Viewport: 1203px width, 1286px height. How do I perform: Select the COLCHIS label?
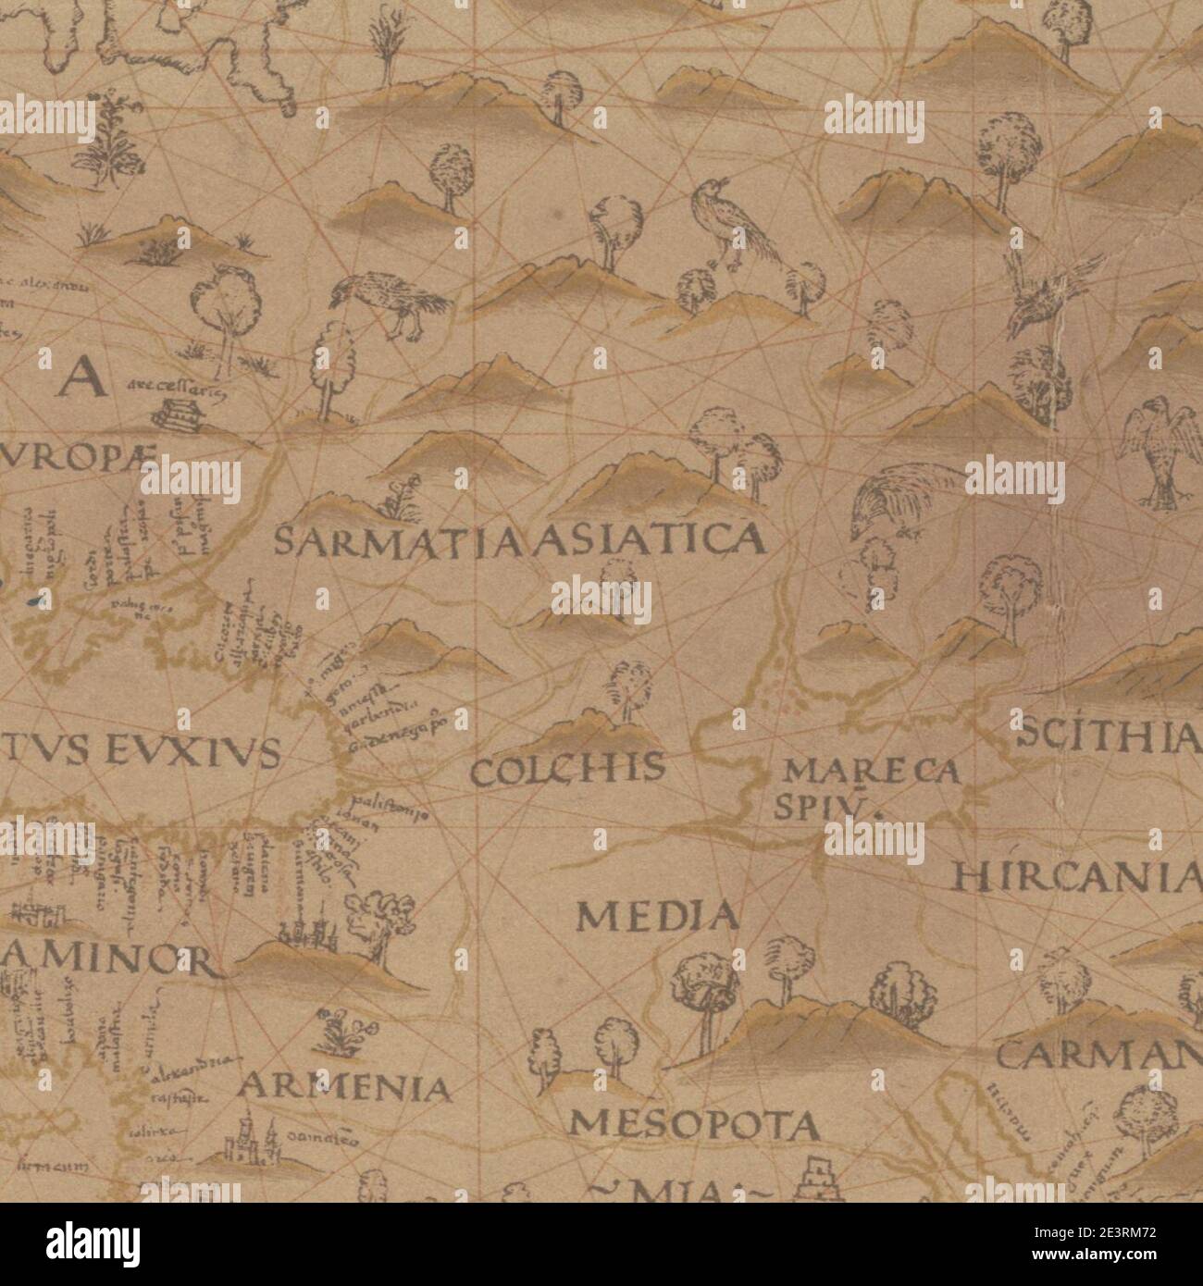point(567,769)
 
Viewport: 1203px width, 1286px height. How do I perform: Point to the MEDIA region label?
point(658,916)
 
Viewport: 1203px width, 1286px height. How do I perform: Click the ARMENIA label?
point(345,1087)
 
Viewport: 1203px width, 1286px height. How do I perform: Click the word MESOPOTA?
point(694,1124)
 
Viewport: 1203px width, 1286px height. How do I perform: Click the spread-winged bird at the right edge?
point(1154,450)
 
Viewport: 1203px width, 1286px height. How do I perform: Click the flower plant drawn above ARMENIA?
point(340,1032)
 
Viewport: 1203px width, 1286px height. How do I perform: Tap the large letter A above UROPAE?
point(78,377)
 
